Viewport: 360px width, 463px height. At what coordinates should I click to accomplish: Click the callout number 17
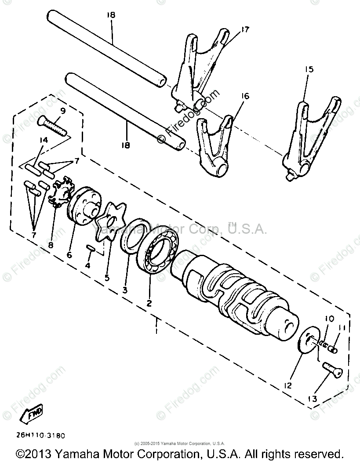[x=244, y=29]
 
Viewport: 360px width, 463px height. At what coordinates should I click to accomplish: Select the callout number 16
[x=244, y=95]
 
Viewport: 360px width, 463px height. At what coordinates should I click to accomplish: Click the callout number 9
[x=63, y=111]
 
